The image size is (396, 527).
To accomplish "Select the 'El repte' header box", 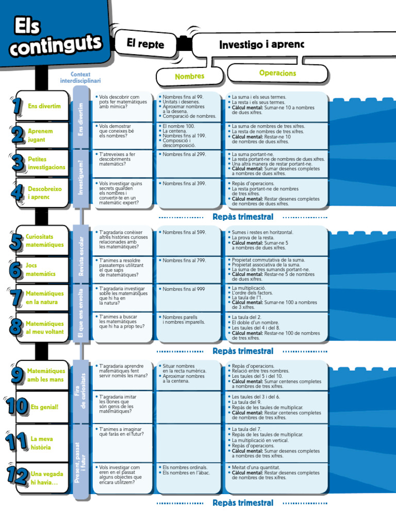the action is point(145,43).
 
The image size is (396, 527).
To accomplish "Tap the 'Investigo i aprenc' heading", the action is point(261,44).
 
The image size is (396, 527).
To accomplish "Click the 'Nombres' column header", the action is point(190,76).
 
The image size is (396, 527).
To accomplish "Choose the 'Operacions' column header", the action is point(277,73).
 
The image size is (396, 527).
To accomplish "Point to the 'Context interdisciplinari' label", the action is point(80,77).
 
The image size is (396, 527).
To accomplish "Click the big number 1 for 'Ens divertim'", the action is point(17,106).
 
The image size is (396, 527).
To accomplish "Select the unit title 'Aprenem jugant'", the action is point(40,135).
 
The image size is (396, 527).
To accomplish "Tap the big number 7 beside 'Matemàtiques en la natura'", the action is point(16,297).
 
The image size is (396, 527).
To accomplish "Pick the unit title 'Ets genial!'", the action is point(44,407).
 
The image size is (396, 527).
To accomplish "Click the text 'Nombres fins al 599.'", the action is point(184,232).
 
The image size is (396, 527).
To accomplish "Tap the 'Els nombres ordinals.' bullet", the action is point(185,467).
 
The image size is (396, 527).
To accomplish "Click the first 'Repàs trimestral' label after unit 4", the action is point(243,217).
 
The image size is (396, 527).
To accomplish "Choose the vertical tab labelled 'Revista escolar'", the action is point(81,256).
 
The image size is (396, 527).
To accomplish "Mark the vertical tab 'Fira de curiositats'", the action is point(81,391).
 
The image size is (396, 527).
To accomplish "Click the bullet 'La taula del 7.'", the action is point(246,429).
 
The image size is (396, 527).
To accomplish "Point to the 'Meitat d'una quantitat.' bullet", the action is point(256,467).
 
